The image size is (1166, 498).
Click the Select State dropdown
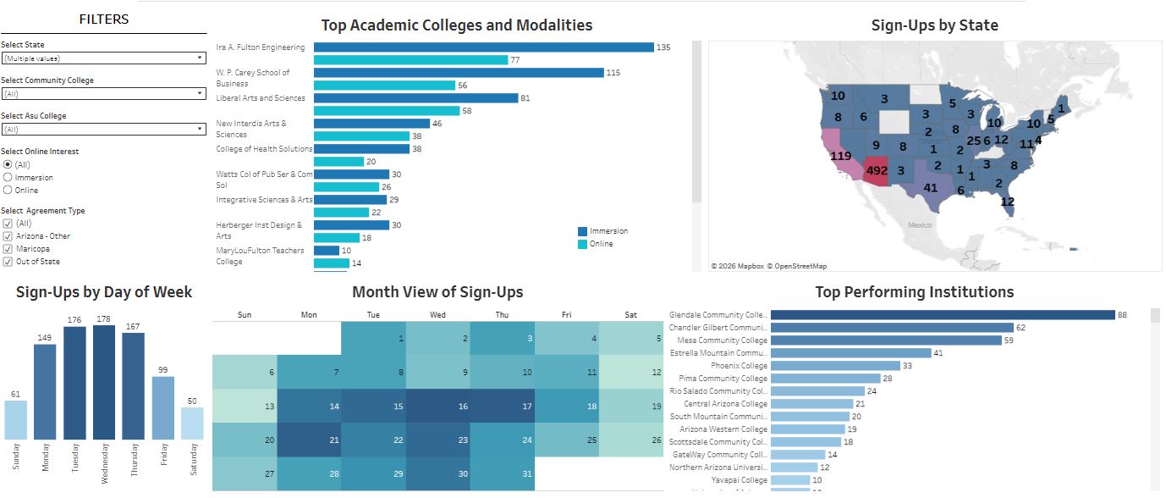coord(103,58)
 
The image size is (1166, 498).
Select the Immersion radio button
coord(8,178)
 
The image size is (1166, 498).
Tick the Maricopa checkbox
coord(8,249)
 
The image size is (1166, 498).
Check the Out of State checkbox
coord(8,262)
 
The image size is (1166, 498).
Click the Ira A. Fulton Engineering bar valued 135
coord(483,47)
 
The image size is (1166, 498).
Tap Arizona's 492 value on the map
coord(874,170)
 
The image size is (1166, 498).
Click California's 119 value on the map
coord(840,157)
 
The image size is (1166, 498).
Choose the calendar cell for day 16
coord(437,406)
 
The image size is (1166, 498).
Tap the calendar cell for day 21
coord(309,440)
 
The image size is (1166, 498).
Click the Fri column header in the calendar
coord(566,315)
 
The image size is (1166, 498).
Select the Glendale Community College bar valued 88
coord(943,315)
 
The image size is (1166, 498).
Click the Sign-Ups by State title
coord(934,25)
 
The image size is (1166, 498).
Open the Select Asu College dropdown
coord(103,130)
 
